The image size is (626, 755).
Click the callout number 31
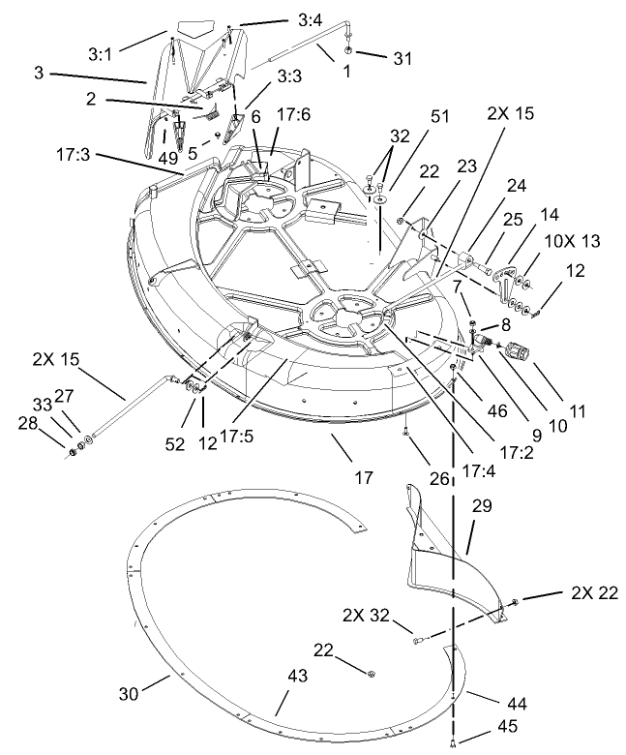click(401, 58)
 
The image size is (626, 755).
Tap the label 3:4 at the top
click(308, 19)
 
